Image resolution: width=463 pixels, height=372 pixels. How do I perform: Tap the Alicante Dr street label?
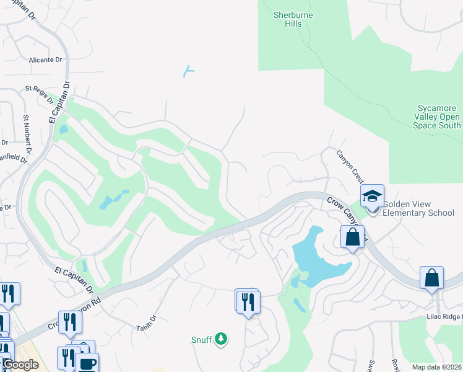pyautogui.click(x=46, y=60)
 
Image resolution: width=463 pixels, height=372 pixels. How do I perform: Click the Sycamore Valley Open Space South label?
pyautogui.click(x=437, y=117)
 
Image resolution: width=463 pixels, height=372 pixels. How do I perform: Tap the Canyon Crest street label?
pyautogui.click(x=349, y=166)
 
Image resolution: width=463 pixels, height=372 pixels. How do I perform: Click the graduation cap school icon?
pyautogui.click(x=373, y=197)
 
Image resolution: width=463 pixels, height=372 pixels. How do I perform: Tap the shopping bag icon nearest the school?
pyautogui.click(x=352, y=237)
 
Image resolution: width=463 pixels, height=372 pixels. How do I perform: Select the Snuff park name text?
pyautogui.click(x=201, y=340)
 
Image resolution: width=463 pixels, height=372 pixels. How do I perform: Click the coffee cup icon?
pyautogui.click(x=86, y=363)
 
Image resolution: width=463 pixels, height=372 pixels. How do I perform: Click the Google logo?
pyautogui.click(x=20, y=365)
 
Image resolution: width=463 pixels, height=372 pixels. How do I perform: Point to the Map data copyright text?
pyautogui.click(x=437, y=367)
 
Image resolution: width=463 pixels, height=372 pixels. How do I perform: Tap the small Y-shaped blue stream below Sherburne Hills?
pyautogui.click(x=189, y=71)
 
